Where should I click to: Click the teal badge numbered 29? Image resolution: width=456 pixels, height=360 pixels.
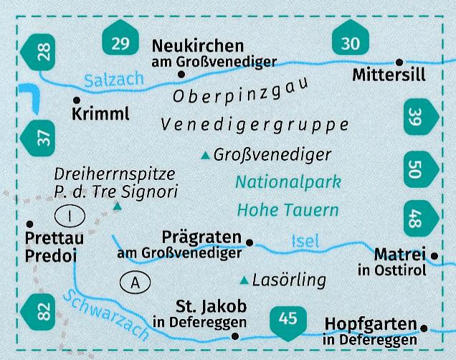point(120,42)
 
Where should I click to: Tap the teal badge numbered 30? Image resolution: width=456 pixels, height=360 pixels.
point(351,42)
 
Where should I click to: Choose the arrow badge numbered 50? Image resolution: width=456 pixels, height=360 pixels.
point(419,169)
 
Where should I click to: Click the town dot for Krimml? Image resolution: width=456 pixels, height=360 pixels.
point(76,100)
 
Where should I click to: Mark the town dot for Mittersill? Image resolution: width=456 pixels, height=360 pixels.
point(399,62)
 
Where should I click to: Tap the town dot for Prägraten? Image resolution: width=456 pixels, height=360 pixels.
point(250,242)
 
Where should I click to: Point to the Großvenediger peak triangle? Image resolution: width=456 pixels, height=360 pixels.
point(206,155)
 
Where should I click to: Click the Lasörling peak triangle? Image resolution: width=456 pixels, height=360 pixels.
point(244,280)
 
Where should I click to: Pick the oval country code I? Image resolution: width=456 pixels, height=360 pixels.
point(69,214)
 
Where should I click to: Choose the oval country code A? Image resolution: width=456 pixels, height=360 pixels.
point(135,283)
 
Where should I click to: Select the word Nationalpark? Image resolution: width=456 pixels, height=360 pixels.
point(288,182)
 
